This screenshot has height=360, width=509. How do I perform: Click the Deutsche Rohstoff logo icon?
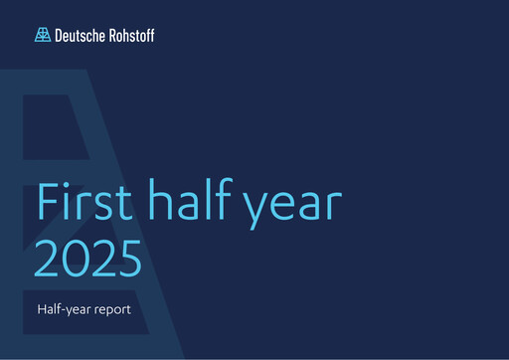pos(42,36)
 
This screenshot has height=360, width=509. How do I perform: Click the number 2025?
pos(88,258)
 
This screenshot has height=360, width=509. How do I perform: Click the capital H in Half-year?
pos(41,308)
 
